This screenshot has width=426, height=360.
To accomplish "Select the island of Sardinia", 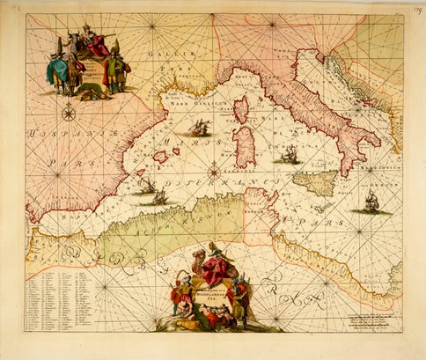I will (x=243, y=146).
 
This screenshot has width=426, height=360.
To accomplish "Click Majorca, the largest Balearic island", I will (x=161, y=156).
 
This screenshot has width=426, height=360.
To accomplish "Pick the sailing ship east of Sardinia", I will (x=287, y=156).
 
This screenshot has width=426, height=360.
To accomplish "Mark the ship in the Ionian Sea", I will (x=370, y=202).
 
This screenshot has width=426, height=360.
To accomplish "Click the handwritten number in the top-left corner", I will (x=12, y=10).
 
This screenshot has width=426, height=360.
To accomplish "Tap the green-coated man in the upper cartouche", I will (x=115, y=75).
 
